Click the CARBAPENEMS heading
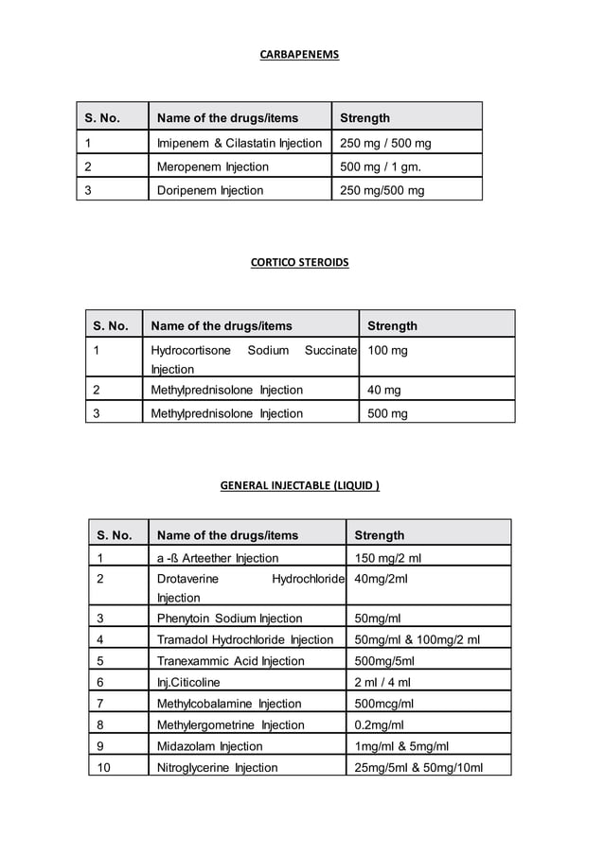click(x=299, y=55)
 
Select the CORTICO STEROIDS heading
click(x=299, y=262)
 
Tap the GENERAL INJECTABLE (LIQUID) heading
click(x=299, y=486)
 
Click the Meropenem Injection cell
click(x=212, y=167)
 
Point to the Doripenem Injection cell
click(x=209, y=190)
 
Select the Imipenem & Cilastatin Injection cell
click(x=239, y=144)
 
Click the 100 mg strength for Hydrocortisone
click(x=387, y=351)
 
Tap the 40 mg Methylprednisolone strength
click(x=383, y=390)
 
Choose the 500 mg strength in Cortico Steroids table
click(x=387, y=413)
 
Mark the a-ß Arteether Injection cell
click(x=217, y=558)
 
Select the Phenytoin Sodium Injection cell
click(x=229, y=619)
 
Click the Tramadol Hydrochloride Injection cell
click(x=244, y=640)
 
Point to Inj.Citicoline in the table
click(x=187, y=683)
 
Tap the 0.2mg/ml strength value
click(x=379, y=725)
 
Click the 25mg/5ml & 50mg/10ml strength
click(x=417, y=767)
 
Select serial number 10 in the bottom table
click(x=103, y=767)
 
